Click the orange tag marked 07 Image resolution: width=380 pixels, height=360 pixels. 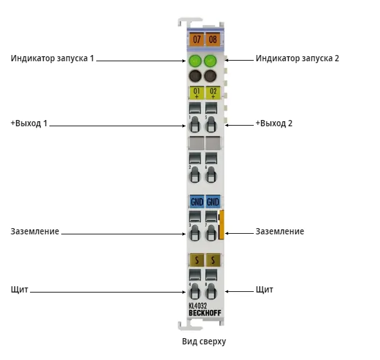click(196, 39)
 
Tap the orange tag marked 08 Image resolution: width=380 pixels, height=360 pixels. click(212, 39)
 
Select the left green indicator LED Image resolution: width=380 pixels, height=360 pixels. click(195, 61)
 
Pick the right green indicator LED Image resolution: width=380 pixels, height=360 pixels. click(210, 61)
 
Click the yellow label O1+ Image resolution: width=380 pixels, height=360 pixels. click(196, 93)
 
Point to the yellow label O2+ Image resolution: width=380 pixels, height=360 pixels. click(212, 93)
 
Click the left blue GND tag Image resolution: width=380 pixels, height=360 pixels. click(196, 201)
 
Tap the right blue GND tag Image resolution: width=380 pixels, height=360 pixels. click(212, 201)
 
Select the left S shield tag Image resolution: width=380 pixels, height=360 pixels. click(196, 260)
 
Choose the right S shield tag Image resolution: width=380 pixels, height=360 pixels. click(213, 260)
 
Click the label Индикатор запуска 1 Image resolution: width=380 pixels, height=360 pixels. click(52, 58)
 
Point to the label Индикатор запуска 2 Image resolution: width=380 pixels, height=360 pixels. click(297, 58)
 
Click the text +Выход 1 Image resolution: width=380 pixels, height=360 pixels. click(29, 123)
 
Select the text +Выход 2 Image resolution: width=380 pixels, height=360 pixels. click(274, 123)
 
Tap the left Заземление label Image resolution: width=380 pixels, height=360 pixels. click(35, 231)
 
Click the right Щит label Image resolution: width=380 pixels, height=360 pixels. click(264, 290)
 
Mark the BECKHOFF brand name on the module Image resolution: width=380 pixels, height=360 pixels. click(205, 313)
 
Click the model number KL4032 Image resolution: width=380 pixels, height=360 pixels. click(197, 306)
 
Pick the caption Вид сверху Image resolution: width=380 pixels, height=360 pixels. click(204, 341)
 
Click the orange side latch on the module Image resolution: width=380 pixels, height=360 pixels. click(221, 225)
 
